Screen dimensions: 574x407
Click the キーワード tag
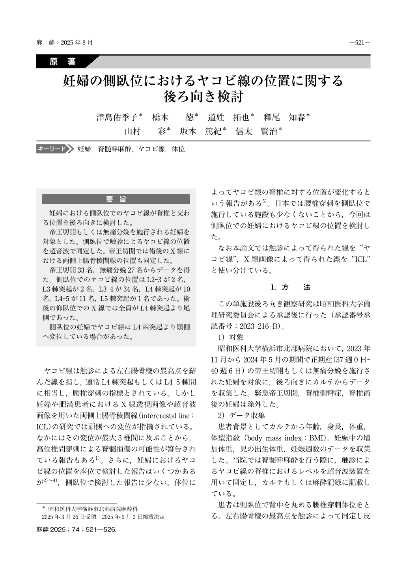pyautogui.click(x=52, y=149)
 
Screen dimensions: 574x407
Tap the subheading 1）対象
pyautogui.click(x=231, y=338)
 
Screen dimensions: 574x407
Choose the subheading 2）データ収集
pyautogui.click(x=241, y=416)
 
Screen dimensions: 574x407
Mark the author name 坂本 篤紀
pyautogui.click(x=202, y=132)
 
